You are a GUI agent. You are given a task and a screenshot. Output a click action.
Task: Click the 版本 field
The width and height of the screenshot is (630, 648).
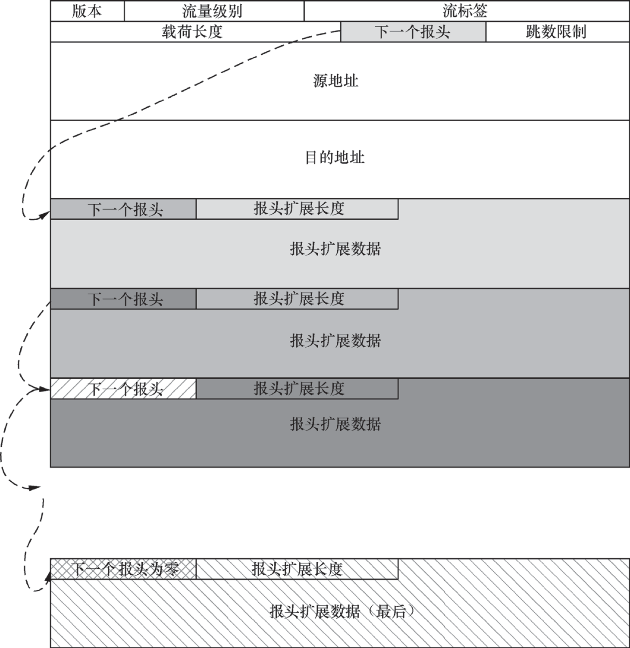87,11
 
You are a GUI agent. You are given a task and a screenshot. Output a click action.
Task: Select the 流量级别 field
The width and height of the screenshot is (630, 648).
213,11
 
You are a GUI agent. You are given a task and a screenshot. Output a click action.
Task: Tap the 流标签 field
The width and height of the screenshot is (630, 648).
466,11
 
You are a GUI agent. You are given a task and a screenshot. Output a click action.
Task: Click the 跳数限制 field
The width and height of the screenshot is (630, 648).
556,32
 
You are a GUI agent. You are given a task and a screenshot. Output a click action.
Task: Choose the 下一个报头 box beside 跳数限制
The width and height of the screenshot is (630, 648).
413,32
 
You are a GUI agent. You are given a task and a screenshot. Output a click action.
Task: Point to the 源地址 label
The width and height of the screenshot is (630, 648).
335,81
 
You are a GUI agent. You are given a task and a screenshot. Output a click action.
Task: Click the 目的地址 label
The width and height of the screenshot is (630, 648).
335,158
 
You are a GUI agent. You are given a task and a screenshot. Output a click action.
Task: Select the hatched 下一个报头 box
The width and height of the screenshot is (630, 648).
123,389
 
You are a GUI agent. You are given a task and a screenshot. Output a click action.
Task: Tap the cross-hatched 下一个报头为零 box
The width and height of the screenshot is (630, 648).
123,569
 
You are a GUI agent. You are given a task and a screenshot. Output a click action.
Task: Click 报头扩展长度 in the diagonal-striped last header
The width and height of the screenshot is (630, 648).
297,569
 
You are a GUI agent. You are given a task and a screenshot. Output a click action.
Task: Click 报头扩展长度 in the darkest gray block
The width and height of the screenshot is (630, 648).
298,389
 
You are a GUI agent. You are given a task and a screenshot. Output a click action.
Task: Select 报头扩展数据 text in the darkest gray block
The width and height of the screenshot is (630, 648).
335,424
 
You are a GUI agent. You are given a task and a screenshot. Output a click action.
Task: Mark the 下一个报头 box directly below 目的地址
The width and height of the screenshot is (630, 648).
123,209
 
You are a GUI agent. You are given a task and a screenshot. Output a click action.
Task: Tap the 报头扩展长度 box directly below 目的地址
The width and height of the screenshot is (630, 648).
298,209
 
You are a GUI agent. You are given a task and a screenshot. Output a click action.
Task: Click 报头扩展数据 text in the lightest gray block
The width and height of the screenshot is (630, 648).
335,249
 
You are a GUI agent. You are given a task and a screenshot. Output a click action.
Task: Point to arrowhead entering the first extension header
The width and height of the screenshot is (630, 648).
45,215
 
